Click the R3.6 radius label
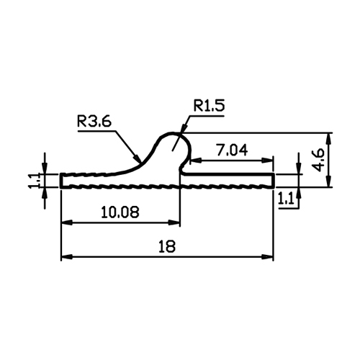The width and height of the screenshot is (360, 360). pyautogui.click(x=94, y=122)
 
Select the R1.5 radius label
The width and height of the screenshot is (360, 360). pyautogui.click(x=210, y=106)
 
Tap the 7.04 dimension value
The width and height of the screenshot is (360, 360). pyautogui.click(x=232, y=150)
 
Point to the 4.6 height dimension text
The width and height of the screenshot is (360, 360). pyautogui.click(x=319, y=160)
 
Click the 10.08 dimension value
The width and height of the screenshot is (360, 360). pyautogui.click(x=120, y=212)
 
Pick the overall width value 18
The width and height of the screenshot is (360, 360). pyautogui.click(x=167, y=246)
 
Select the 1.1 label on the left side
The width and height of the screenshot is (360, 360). pyautogui.click(x=33, y=181)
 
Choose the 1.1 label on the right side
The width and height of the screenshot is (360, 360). pyautogui.click(x=286, y=199)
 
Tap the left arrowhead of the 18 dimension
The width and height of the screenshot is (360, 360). pyautogui.click(x=66, y=257)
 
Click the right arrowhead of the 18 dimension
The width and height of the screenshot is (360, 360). pyautogui.click(x=268, y=257)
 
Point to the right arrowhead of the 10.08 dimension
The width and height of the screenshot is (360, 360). pyautogui.click(x=174, y=223)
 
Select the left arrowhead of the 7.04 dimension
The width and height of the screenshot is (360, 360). pyautogui.click(x=196, y=161)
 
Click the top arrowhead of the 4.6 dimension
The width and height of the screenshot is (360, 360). pyautogui.click(x=329, y=138)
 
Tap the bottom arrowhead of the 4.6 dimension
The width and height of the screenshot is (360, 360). pyautogui.click(x=329, y=181)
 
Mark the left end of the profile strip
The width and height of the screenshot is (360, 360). pyautogui.click(x=61, y=180)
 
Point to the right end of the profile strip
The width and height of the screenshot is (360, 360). pyautogui.click(x=273, y=180)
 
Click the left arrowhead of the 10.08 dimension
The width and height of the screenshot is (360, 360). pyautogui.click(x=67, y=223)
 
